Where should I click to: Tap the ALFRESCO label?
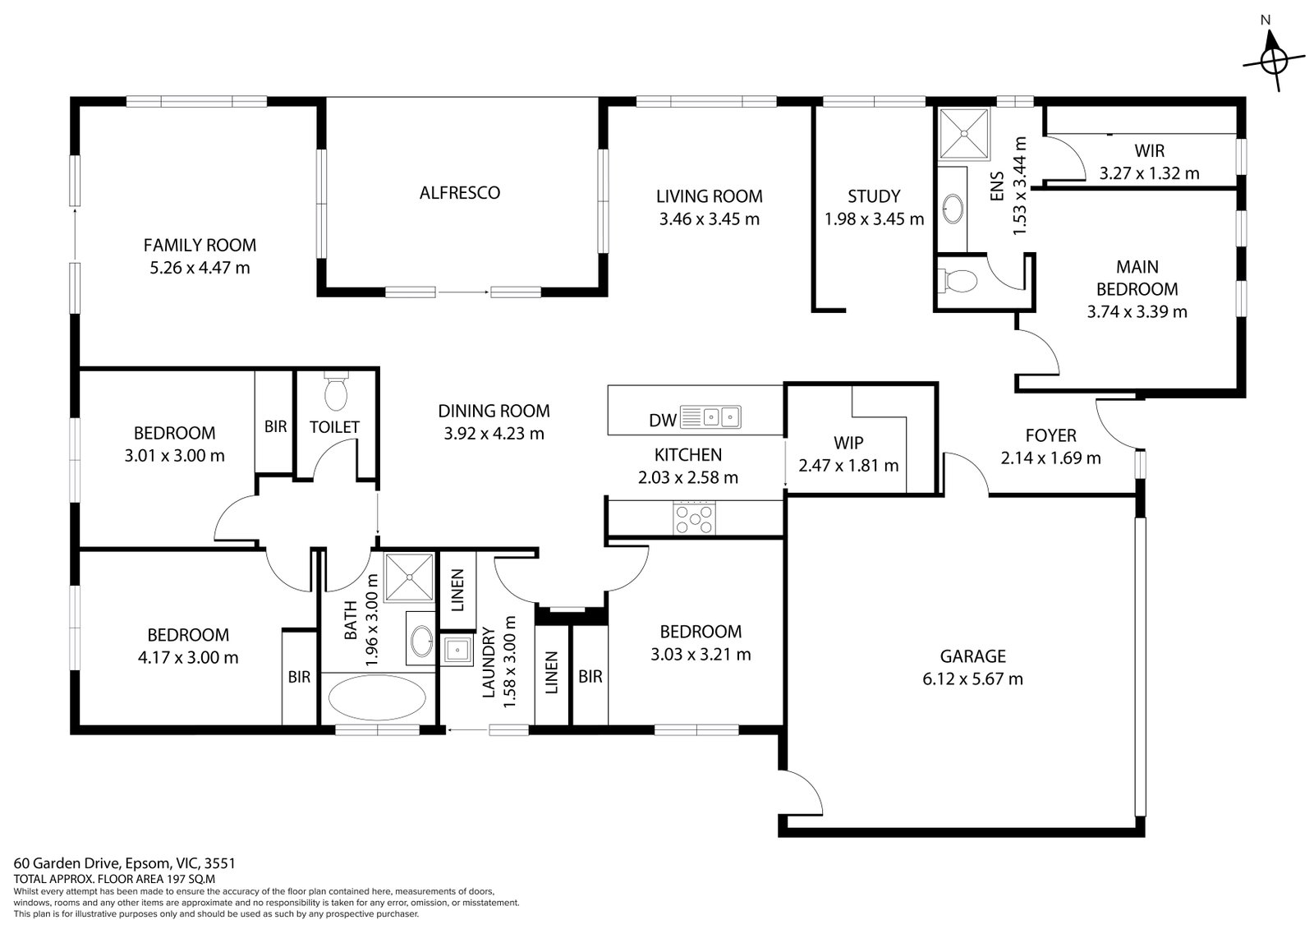point(459,193)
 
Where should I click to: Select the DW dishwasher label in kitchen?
point(662,421)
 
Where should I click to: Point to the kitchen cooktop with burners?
point(694,518)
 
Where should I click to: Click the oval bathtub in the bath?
point(378,698)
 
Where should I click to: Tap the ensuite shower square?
point(965,133)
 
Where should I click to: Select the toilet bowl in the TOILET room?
point(336,394)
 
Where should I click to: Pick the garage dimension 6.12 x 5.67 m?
point(972,679)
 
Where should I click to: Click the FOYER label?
point(1050,436)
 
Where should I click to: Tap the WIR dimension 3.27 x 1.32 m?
point(1149,173)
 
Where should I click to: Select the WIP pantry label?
point(848,443)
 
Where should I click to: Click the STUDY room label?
point(874,196)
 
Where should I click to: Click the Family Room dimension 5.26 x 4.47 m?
point(200,268)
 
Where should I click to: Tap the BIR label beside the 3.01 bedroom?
point(275,426)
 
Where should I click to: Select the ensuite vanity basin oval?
point(953,209)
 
